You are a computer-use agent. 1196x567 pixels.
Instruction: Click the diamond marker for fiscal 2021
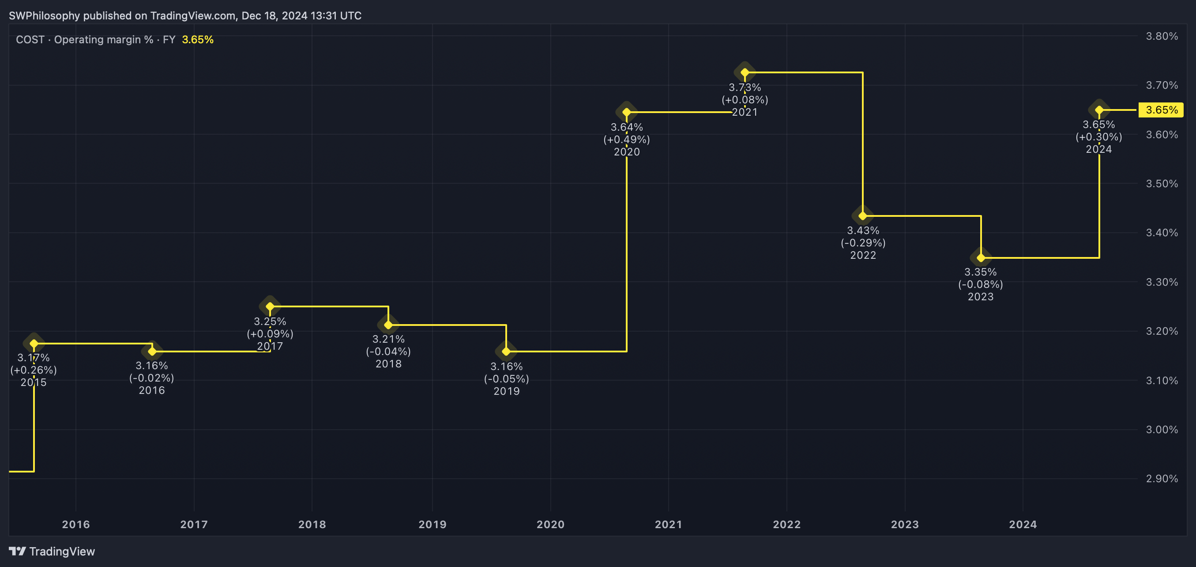tap(745, 72)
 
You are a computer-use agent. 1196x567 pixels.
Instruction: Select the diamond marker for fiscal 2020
tap(626, 112)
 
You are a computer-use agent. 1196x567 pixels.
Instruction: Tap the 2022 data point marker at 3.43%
tap(863, 216)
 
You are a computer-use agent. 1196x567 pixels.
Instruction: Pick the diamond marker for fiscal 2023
tap(981, 258)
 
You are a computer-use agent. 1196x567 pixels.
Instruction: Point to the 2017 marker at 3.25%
tap(270, 306)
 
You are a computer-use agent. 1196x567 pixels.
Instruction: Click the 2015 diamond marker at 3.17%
tap(34, 344)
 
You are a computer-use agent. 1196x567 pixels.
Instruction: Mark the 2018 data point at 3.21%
tap(388, 325)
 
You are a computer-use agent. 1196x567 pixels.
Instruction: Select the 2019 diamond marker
tap(506, 352)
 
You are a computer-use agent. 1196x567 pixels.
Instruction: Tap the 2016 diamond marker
tap(152, 352)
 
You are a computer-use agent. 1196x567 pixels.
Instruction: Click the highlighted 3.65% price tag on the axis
tap(1161, 110)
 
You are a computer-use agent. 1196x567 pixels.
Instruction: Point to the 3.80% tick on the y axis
tap(1162, 36)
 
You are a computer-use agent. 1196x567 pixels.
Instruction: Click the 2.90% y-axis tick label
tap(1162, 479)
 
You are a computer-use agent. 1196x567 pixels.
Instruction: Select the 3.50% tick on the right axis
tap(1162, 184)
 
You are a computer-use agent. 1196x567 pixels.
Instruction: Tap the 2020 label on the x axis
tap(551, 524)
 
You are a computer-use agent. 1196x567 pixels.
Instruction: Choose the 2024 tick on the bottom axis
tap(1023, 524)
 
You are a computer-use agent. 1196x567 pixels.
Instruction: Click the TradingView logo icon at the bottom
tap(17, 551)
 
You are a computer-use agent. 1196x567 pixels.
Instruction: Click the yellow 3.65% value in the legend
tap(198, 40)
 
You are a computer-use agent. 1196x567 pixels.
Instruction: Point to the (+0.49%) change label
tap(626, 139)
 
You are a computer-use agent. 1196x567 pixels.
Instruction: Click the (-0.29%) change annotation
tap(863, 243)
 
